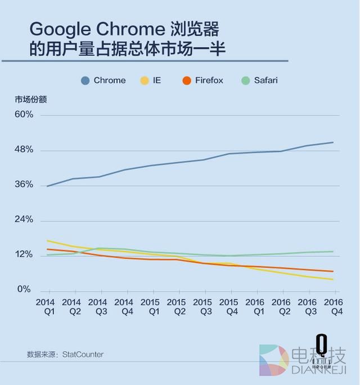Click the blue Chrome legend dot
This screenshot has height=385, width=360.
click(x=85, y=80)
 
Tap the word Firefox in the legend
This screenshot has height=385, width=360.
click(x=209, y=80)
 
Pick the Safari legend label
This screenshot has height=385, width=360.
click(x=265, y=80)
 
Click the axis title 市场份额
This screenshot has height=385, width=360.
click(x=31, y=99)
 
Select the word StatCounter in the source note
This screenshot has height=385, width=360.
click(x=83, y=355)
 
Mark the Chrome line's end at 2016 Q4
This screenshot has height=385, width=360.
click(x=334, y=142)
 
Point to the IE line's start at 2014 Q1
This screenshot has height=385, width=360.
click(x=48, y=240)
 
